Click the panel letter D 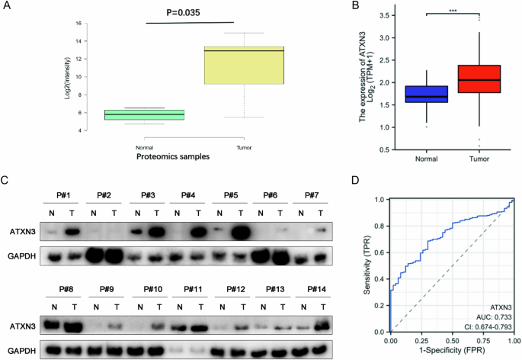pos(353,181)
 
